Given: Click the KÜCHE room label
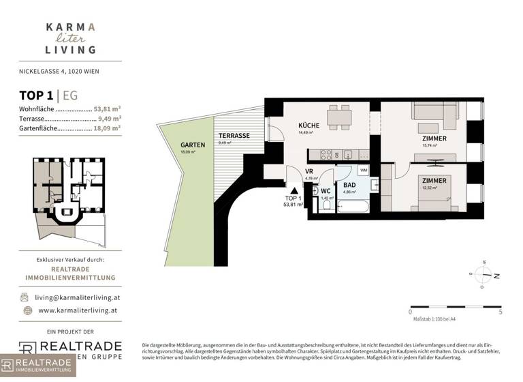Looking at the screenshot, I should tap(309, 126).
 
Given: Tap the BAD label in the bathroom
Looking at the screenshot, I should tap(349, 185).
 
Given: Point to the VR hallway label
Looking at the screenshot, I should tap(308, 172).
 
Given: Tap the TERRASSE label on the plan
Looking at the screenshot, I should tap(234, 136).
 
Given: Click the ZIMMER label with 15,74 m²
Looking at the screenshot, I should tap(434, 138).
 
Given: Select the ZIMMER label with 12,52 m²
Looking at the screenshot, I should tap(433, 181).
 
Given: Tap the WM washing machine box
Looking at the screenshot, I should tap(364, 169).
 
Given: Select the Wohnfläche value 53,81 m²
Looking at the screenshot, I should tap(107, 108).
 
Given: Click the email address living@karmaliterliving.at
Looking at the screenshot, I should tap(78, 297).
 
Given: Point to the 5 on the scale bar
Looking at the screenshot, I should tap(500, 312).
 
